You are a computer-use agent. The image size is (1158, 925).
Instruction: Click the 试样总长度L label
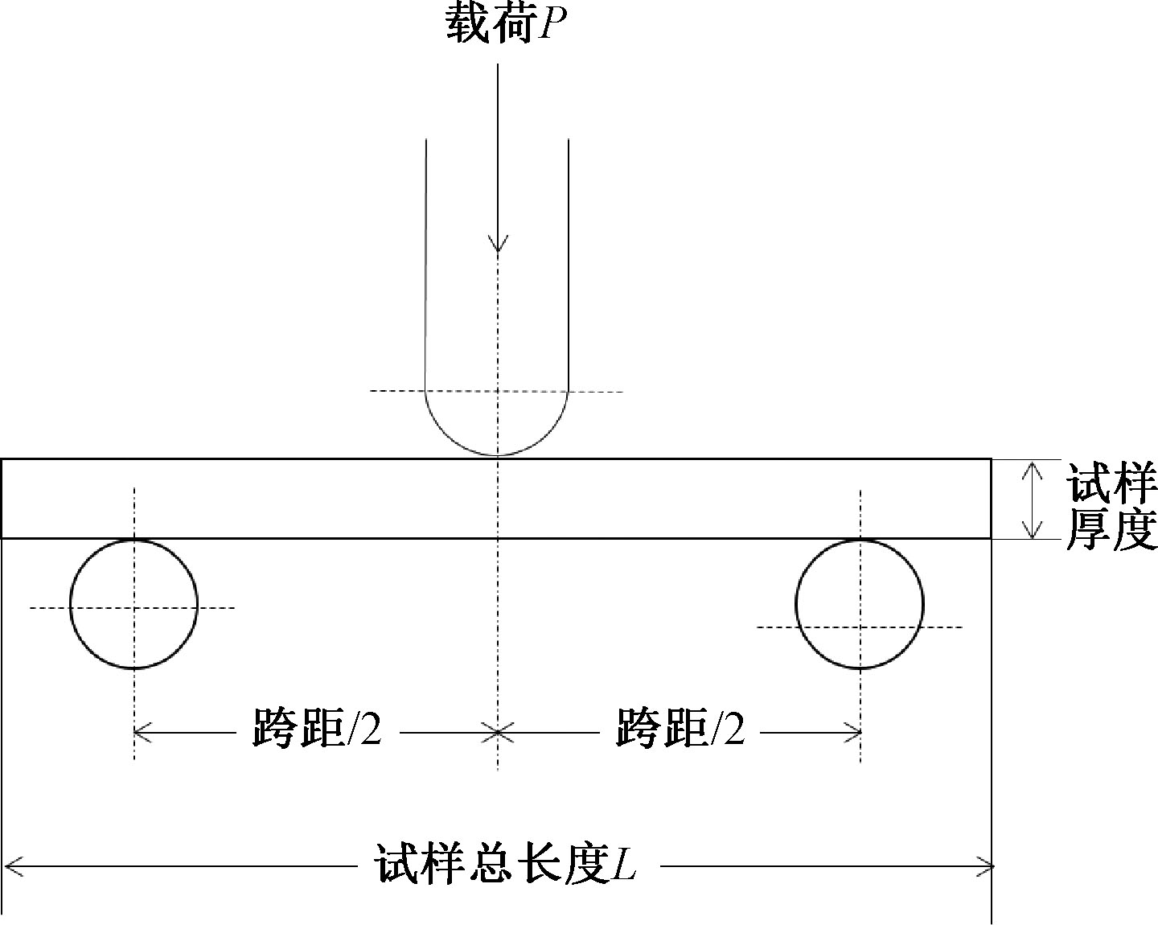(x=507, y=866)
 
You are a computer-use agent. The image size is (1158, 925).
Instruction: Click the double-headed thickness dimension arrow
(x=1032, y=499)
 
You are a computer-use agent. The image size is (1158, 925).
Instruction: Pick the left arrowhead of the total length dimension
(x=11, y=866)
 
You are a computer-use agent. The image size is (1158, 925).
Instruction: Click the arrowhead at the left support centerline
(x=142, y=732)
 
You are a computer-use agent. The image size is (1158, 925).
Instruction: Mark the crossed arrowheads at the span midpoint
(x=498, y=732)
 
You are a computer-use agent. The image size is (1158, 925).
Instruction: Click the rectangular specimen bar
(x=322, y=499)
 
